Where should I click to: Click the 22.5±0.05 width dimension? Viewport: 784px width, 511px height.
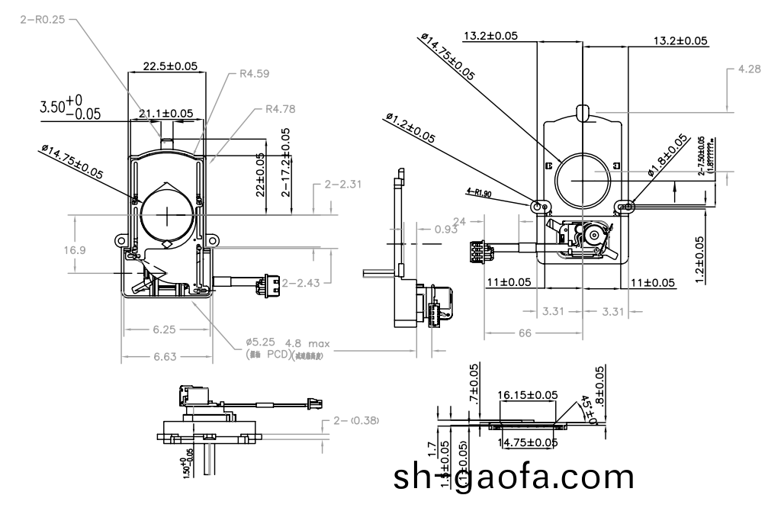(x=165, y=66)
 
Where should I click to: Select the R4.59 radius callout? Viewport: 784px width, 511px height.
(x=254, y=74)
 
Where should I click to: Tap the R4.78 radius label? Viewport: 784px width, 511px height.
(x=279, y=108)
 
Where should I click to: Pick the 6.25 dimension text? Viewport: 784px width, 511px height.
(x=165, y=329)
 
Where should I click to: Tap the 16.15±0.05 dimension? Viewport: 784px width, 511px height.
(x=527, y=394)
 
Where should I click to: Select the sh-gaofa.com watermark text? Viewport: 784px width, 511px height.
(x=513, y=477)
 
